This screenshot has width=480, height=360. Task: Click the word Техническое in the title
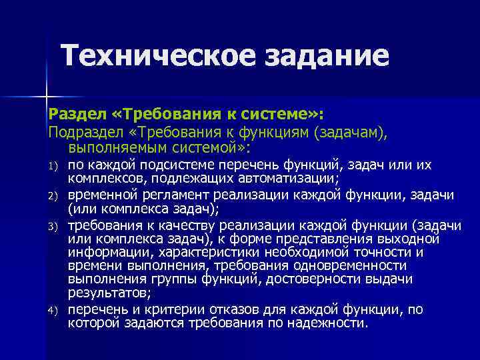pos(161,56)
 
